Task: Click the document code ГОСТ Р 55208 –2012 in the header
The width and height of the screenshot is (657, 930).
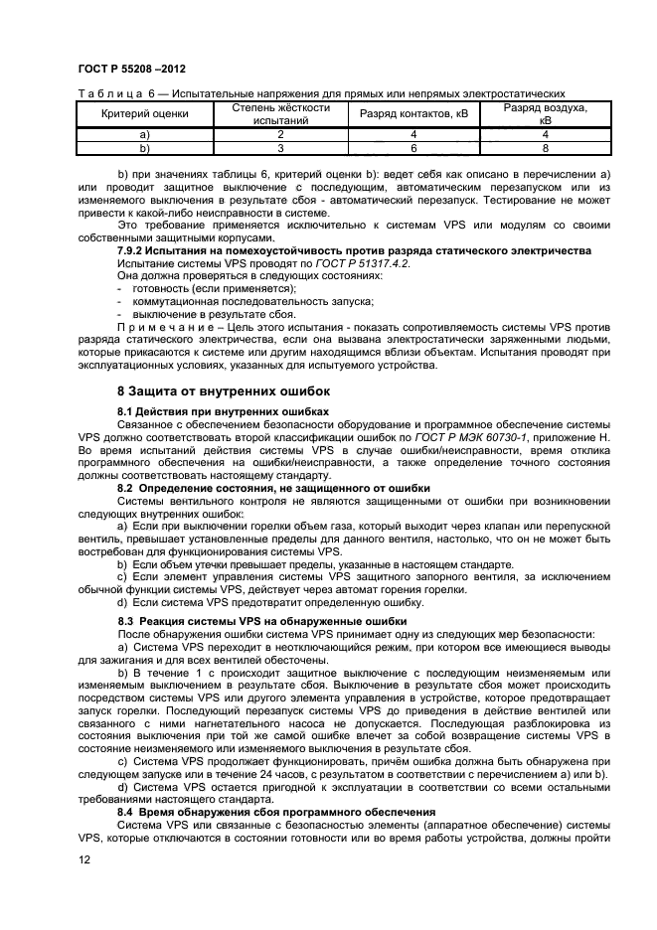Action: click(x=121, y=69)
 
